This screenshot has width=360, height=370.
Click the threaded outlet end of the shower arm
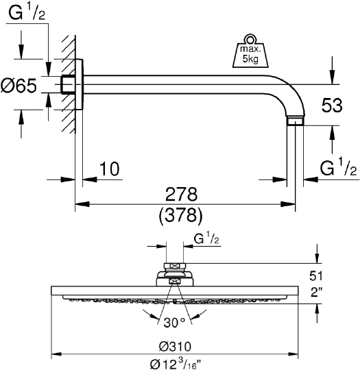point(295,122)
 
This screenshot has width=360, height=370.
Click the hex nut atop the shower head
point(176,268)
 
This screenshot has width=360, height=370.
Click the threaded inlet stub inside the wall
point(68,85)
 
